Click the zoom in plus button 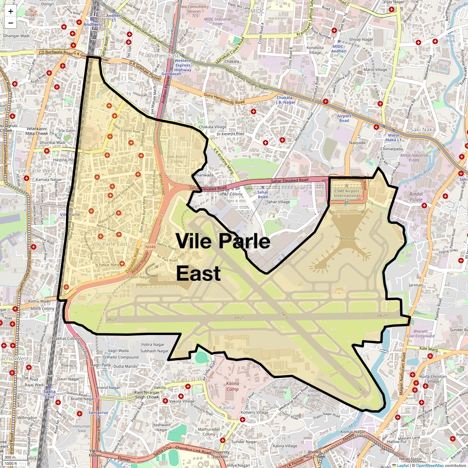pyautogui.click(x=11, y=11)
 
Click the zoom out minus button pyautogui.click(x=11, y=23)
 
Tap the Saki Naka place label pyautogui.click(x=422, y=129)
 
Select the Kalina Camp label pyautogui.click(x=232, y=386)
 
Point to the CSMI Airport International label pyautogui.click(x=346, y=193)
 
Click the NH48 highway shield pyautogui.click(x=150, y=247)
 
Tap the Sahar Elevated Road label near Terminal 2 pyautogui.click(x=289, y=181)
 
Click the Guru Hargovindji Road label pyautogui.click(x=224, y=99)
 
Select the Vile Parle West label pyautogui.click(x=36, y=171)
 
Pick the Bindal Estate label pyautogui.click(x=416, y=197)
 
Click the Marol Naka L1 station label pyautogui.click(x=393, y=138)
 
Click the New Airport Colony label pyautogui.click(x=177, y=159)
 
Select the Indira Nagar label pyautogui.click(x=152, y=345)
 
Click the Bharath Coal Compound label pyautogui.click(x=420, y=333)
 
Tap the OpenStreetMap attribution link pyautogui.click(x=429, y=465)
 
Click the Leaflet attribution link pyautogui.click(x=403, y=465)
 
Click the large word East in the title pyautogui.click(x=199, y=273)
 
